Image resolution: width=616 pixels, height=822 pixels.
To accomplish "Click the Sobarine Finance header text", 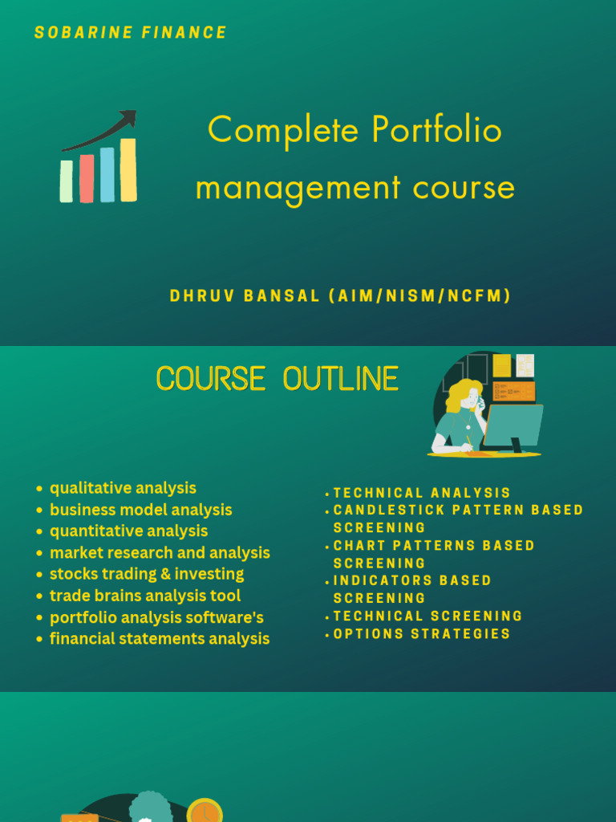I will coord(131,33).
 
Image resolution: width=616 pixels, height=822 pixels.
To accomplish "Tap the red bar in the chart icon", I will coord(87,178).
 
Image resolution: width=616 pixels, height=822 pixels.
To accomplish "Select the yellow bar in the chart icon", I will coord(128,169).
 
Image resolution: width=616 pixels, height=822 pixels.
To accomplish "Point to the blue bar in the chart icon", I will coord(107,174).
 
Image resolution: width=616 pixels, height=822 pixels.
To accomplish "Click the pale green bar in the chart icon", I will coord(67,181).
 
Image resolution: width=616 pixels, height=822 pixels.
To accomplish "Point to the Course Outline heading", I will coord(278,379).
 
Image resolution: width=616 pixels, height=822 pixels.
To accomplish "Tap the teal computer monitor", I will coord(513,425).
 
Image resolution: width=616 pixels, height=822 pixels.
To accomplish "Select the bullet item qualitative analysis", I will coord(123,488).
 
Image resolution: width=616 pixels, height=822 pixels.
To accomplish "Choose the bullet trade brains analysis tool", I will coord(145,596).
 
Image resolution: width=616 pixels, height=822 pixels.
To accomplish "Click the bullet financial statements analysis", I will coord(160,639).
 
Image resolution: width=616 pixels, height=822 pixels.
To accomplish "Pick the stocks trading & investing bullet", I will coord(147,574).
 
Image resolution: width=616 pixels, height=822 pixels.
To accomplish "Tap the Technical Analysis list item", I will coord(422,493).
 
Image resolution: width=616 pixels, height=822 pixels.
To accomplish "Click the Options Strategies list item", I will coord(422,634).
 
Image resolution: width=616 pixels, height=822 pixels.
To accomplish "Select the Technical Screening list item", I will coord(428,616).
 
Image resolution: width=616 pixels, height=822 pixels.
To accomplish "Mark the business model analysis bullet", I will coord(141,510).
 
